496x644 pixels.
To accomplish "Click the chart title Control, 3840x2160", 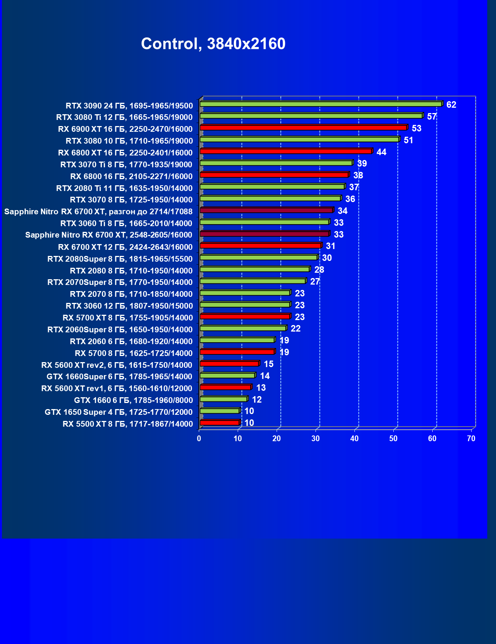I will (x=213, y=44).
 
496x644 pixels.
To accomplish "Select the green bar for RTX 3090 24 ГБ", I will (x=320, y=104).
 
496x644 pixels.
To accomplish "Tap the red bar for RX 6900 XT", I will (x=303, y=128).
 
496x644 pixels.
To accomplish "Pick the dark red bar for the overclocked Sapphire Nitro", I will (x=266, y=210).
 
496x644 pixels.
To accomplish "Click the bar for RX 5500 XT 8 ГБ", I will (x=220, y=422).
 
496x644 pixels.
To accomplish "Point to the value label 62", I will (x=451, y=105).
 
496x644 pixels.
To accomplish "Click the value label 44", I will (x=381, y=152).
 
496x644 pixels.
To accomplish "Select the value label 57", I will (x=432, y=117).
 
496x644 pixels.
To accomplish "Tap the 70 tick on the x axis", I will (x=471, y=439).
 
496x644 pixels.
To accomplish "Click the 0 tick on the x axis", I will (x=199, y=439).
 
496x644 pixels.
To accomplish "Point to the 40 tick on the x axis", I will (x=354, y=439).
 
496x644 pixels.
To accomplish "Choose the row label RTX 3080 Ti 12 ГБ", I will (x=124, y=117).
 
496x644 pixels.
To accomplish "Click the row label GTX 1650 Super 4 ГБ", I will (x=118, y=412).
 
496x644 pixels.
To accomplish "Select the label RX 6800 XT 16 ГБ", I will (x=125, y=153).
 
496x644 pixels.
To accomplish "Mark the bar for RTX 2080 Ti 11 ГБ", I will (x=272, y=186).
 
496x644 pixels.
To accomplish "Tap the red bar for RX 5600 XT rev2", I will (x=229, y=364).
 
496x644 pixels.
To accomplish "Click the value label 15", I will (x=269, y=364).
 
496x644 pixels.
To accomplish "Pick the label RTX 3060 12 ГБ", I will (x=129, y=306).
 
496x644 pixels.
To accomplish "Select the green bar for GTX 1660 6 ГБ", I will (x=224, y=399).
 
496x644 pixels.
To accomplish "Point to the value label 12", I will (x=257, y=400).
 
